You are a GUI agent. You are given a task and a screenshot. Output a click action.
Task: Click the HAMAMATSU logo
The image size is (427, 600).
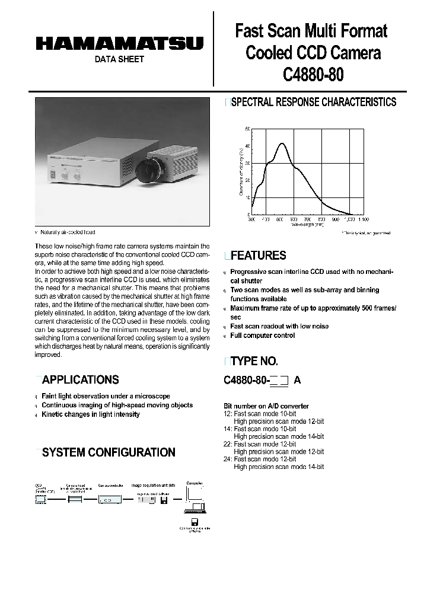pyautogui.click(x=119, y=43)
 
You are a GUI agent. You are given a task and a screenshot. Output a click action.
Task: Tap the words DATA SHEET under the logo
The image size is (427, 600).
pyautogui.click(x=119, y=59)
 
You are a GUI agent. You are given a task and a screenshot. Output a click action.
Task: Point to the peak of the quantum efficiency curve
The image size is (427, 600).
pyautogui.click(x=282, y=143)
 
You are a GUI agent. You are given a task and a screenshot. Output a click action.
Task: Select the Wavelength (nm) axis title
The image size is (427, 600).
pyautogui.click(x=307, y=225)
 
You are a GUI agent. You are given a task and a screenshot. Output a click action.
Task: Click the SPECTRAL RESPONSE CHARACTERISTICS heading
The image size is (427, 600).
pyautogui.click(x=313, y=102)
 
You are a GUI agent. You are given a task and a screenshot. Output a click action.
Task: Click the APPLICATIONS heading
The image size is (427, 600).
pyautogui.click(x=81, y=379)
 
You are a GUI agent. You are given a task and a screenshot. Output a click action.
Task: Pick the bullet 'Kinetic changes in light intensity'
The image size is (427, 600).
pyautogui.click(x=91, y=414)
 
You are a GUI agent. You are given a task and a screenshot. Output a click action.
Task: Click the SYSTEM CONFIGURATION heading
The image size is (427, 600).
pyautogui.click(x=109, y=452)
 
